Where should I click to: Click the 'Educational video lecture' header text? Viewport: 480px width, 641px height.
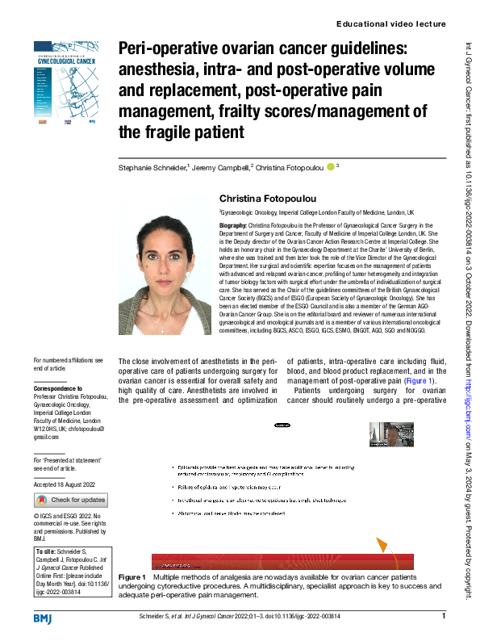[390, 24]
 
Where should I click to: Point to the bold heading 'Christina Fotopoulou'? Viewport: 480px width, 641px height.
[270, 199]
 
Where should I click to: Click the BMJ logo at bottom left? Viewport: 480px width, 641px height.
[43, 618]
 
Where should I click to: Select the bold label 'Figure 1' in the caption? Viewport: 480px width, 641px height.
[132, 579]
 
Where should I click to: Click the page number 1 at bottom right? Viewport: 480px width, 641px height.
[444, 617]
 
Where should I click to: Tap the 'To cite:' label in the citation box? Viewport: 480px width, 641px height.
[47, 553]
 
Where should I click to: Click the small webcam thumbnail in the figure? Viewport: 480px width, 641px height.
[391, 434]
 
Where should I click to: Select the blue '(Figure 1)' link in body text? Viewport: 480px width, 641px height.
[419, 381]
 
